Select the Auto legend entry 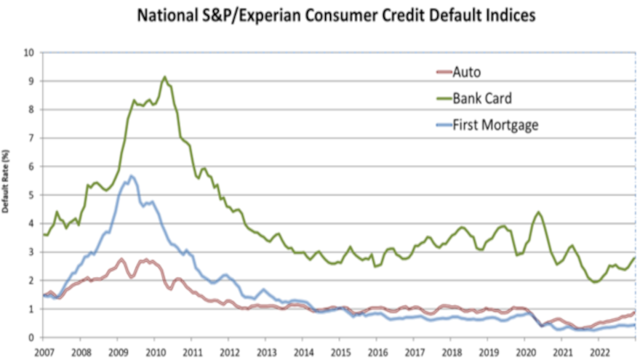click(466, 71)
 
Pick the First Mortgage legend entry click(495, 125)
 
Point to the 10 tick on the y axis click(28, 53)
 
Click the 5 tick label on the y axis click(31, 195)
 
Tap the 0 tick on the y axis click(31, 337)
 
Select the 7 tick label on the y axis click(31, 138)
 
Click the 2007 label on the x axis click(43, 351)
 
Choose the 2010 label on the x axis click(154, 351)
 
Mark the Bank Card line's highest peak click(164, 77)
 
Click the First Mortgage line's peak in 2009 click(132, 175)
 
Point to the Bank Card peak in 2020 click(538, 212)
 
